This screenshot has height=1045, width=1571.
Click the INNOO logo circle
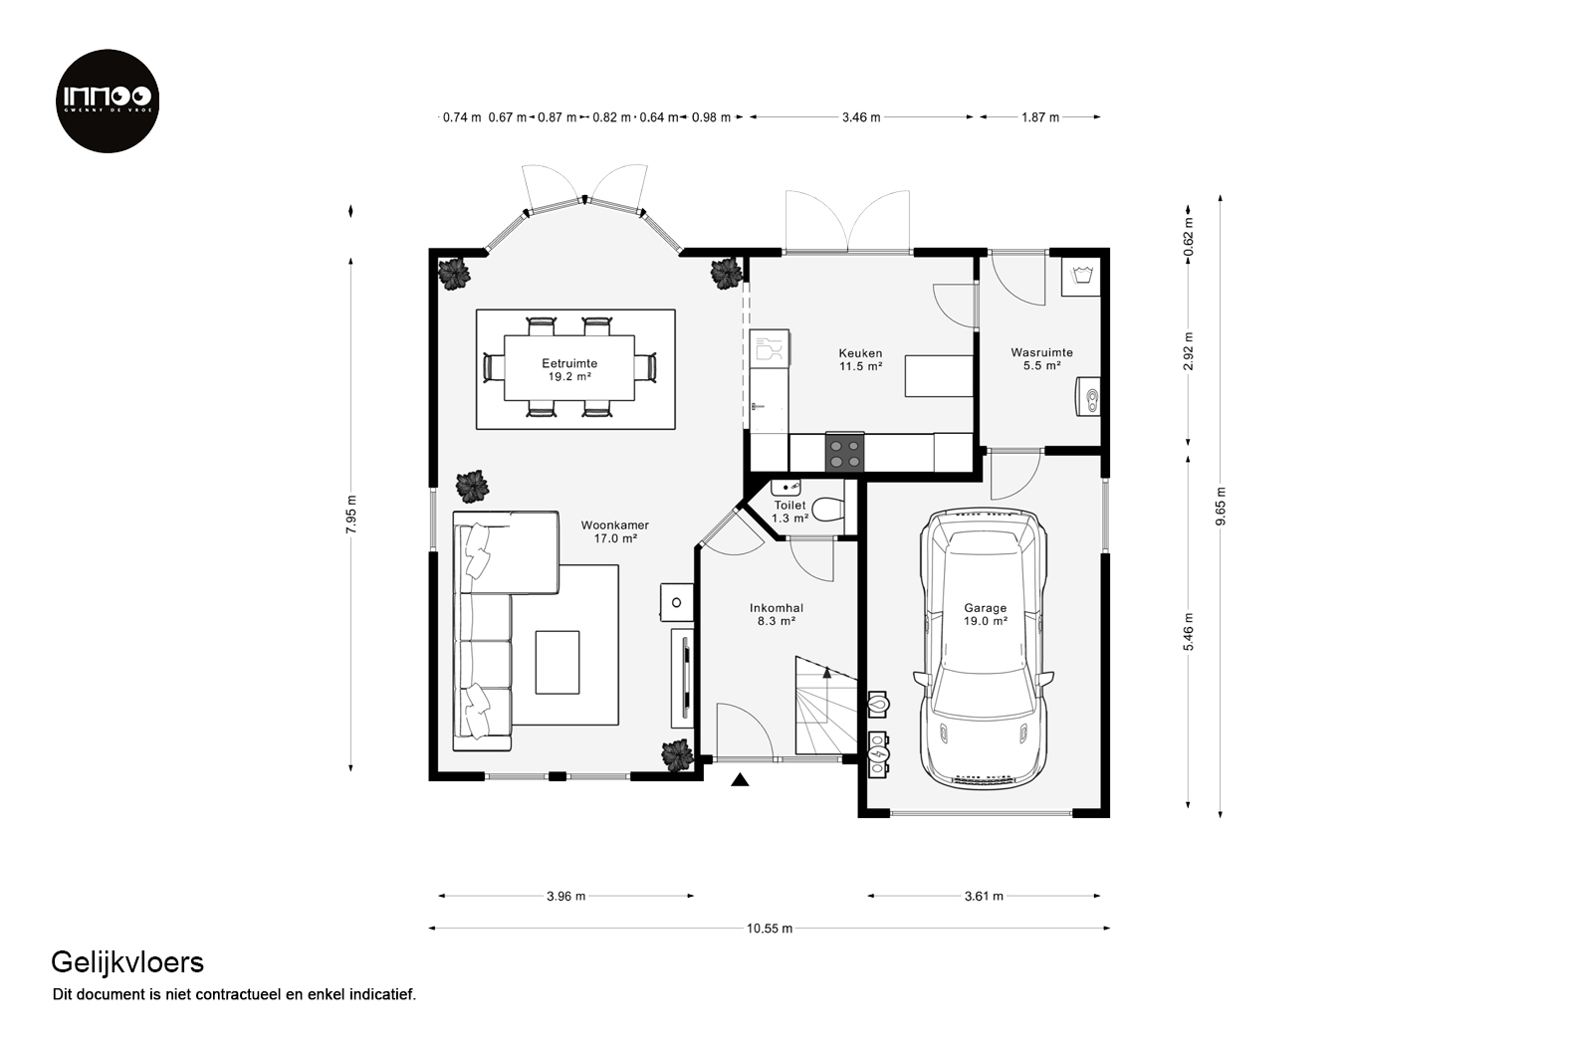(x=108, y=101)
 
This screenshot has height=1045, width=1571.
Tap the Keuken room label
(x=860, y=353)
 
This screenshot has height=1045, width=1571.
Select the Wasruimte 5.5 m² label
(x=1041, y=359)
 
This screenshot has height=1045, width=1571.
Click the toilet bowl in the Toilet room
(x=828, y=510)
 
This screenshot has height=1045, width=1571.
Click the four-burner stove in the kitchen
(x=844, y=453)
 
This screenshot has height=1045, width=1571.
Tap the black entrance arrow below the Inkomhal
(x=740, y=779)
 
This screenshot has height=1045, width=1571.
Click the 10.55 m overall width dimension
(x=770, y=929)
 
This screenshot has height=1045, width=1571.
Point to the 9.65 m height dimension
(x=1221, y=506)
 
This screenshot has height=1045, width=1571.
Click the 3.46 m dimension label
(x=861, y=117)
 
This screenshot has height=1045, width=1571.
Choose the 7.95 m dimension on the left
(x=350, y=515)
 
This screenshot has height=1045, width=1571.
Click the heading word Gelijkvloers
(x=127, y=963)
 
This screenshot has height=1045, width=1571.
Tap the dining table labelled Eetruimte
(x=568, y=369)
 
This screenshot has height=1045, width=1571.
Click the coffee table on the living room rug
(x=558, y=662)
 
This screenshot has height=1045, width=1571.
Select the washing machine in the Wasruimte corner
(x=1081, y=277)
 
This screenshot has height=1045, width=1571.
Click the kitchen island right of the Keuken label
(x=939, y=376)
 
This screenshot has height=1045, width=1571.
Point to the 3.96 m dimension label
(x=566, y=896)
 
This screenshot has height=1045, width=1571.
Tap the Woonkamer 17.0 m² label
(x=615, y=531)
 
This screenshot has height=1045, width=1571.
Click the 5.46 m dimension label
(x=1188, y=632)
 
